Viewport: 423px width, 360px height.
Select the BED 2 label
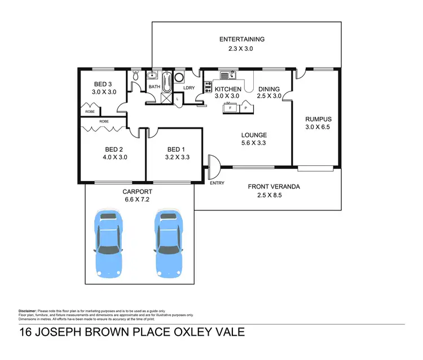[114, 150]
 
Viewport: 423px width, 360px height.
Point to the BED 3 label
[103, 83]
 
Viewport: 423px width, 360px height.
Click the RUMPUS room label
[318, 119]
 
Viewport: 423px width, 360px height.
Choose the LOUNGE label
[254, 135]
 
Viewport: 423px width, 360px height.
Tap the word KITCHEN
[228, 89]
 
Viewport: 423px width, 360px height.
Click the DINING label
[269, 89]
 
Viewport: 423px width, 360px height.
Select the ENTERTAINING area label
[242, 39]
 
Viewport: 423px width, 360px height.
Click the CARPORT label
[137, 192]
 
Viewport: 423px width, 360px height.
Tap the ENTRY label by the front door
[217, 183]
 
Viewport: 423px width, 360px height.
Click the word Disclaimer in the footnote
[28, 311]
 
